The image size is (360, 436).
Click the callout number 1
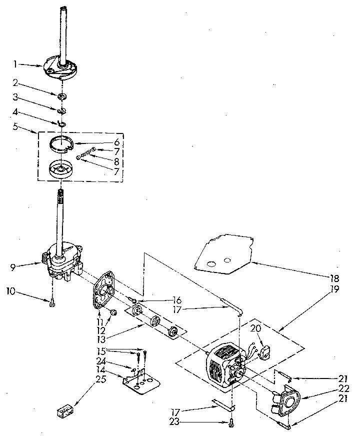[x=16, y=63]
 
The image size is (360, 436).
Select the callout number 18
[x=334, y=278]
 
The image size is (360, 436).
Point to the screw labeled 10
[x=52, y=301]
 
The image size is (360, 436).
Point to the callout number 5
[x=16, y=127]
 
